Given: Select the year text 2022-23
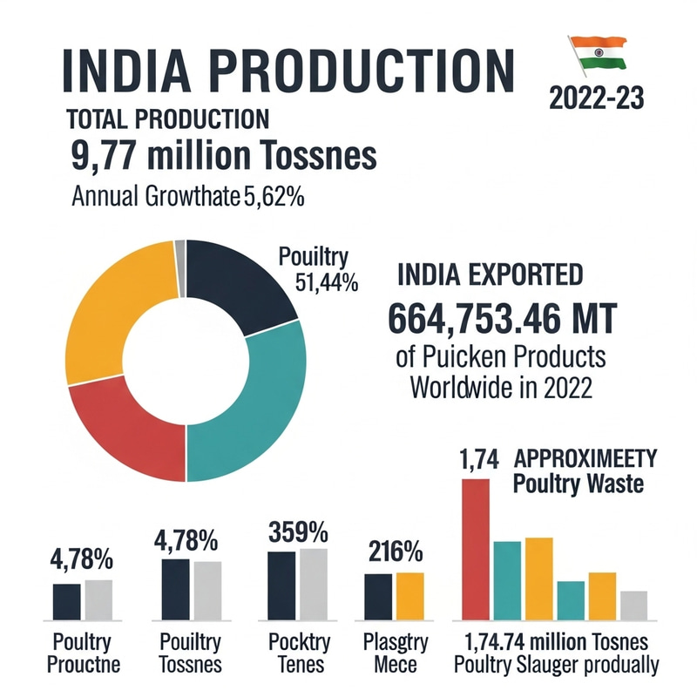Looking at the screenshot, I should tap(597, 98).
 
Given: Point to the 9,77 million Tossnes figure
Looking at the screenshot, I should tap(222, 157).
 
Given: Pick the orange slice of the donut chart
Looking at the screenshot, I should tap(113, 314).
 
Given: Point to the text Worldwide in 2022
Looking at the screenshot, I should tap(501, 387).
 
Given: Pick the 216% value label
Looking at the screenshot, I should tap(394, 552).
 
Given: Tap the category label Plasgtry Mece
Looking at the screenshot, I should tap(392, 653).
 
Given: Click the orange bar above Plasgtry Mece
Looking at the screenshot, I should tap(409, 595).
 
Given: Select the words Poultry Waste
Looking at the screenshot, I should tap(578, 484).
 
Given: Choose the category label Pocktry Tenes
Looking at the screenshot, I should tap(298, 653).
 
